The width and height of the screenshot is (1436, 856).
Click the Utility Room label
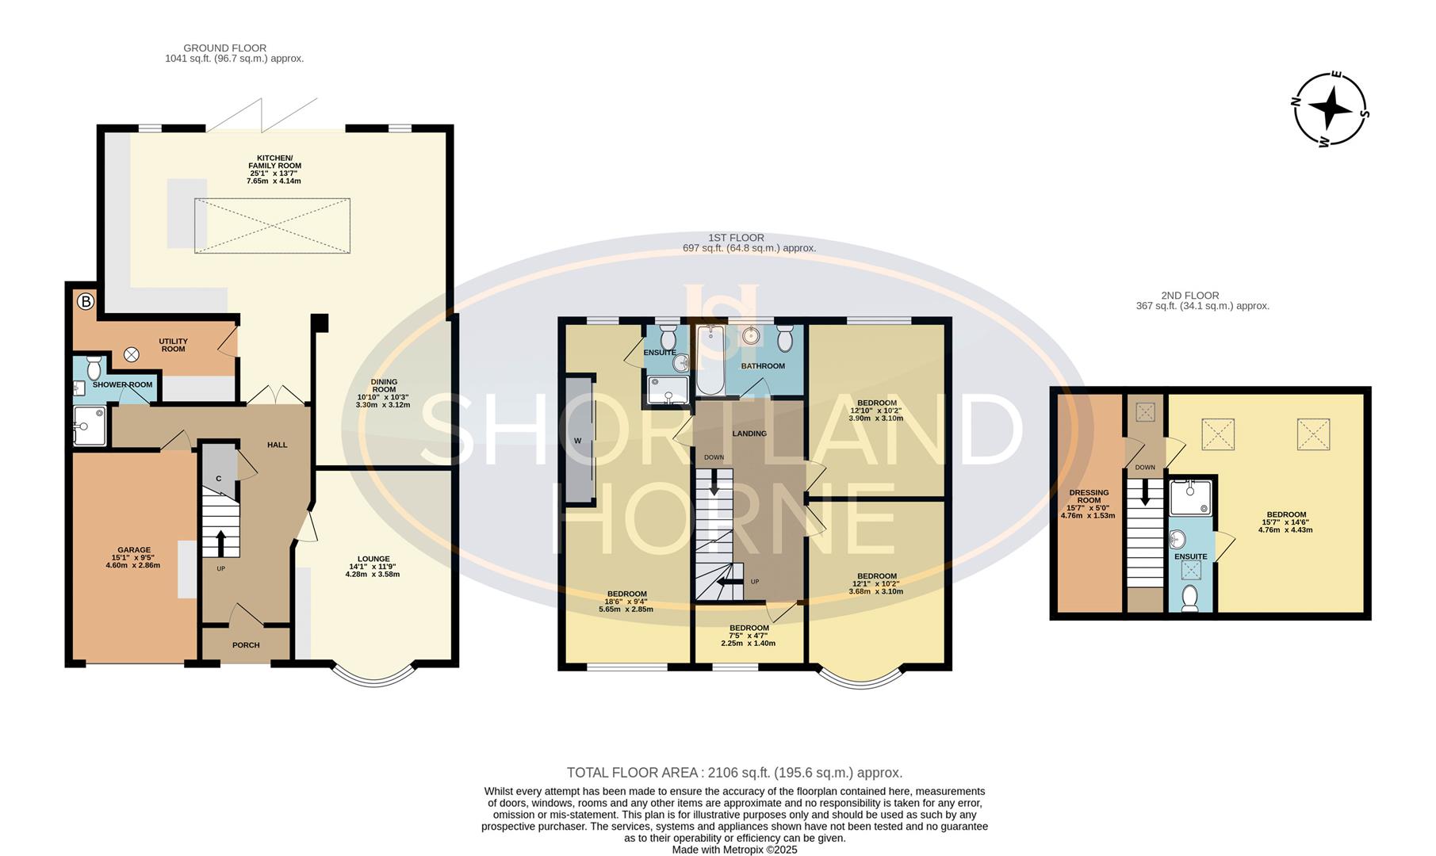[173, 345]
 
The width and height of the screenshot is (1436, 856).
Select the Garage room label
[134, 550]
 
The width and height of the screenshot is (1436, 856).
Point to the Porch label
[246, 645]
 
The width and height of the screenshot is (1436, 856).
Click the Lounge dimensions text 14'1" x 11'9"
[373, 567]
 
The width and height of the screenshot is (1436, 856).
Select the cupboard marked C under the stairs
[219, 479]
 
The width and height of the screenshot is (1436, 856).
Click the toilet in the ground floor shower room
[93, 368]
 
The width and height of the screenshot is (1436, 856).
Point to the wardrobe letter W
[577, 441]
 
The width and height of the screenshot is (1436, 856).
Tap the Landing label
[749, 434]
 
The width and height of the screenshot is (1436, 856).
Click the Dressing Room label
[1089, 497]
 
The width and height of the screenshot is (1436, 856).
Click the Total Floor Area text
[734, 773]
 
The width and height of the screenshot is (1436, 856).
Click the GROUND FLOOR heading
[225, 48]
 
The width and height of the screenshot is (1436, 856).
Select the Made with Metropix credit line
[734, 850]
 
